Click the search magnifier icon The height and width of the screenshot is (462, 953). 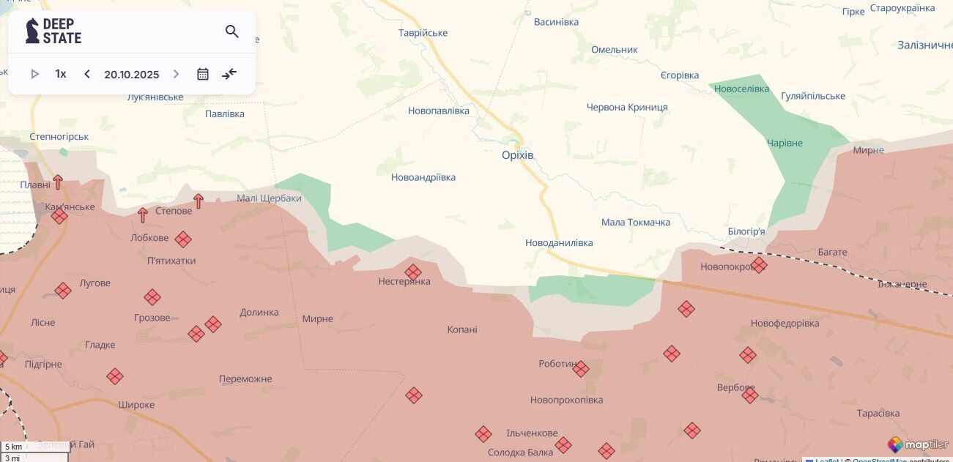232,31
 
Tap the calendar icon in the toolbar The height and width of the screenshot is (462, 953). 203,74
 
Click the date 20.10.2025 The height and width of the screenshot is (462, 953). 132,75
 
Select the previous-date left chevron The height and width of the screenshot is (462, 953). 87,74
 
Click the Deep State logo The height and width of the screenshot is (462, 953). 53,31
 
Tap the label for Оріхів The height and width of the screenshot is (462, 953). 518,155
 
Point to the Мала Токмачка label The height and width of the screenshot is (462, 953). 635,223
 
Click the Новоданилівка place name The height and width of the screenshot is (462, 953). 559,243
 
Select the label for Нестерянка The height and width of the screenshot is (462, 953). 404,282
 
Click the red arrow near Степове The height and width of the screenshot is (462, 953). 198,201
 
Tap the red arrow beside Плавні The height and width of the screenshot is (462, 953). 58,182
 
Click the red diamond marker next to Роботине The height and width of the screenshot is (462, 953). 581,369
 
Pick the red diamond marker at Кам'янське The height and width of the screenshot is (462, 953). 59,216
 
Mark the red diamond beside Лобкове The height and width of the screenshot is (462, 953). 183,239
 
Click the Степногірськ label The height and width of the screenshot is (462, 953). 59,137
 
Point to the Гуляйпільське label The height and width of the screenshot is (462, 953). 812,96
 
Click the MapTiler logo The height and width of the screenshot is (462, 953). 918,444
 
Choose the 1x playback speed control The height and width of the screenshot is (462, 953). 61,74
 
